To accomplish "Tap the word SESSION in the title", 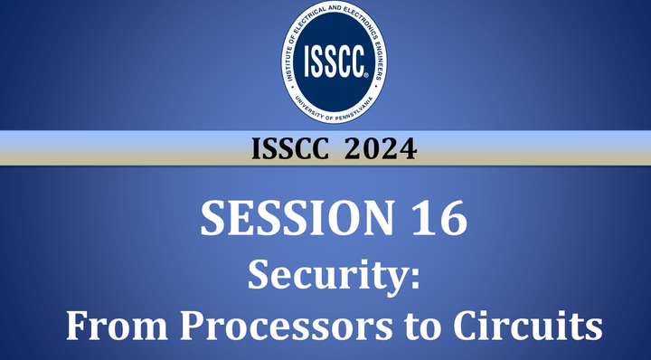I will point(289,220).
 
